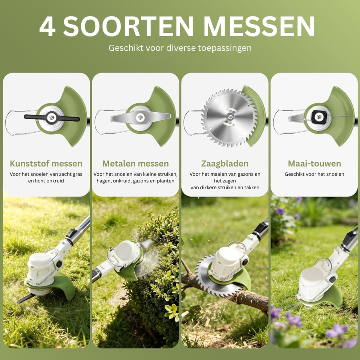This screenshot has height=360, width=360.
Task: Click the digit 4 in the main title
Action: [x=47, y=27]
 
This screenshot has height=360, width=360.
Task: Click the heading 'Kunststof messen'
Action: [x=46, y=163]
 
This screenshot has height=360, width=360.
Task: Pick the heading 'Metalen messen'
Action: [x=136, y=163]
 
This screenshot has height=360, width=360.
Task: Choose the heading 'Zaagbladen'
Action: [x=225, y=164]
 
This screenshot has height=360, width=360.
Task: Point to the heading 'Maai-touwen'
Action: [x=314, y=163]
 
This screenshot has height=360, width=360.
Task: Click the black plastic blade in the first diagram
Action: [x=52, y=118]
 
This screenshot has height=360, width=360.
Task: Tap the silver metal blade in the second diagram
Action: [x=140, y=118]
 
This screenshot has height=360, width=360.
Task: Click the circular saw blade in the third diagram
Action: [x=229, y=118]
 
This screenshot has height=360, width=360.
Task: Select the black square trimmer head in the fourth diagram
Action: [x=319, y=117]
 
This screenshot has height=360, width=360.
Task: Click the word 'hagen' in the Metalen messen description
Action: [x=104, y=181]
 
